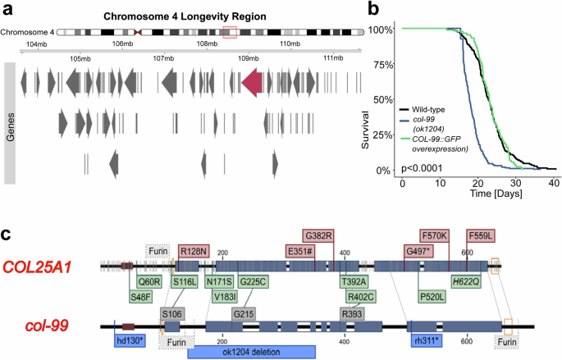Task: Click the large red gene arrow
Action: [x=251, y=83]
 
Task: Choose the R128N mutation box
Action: [x=194, y=250]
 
